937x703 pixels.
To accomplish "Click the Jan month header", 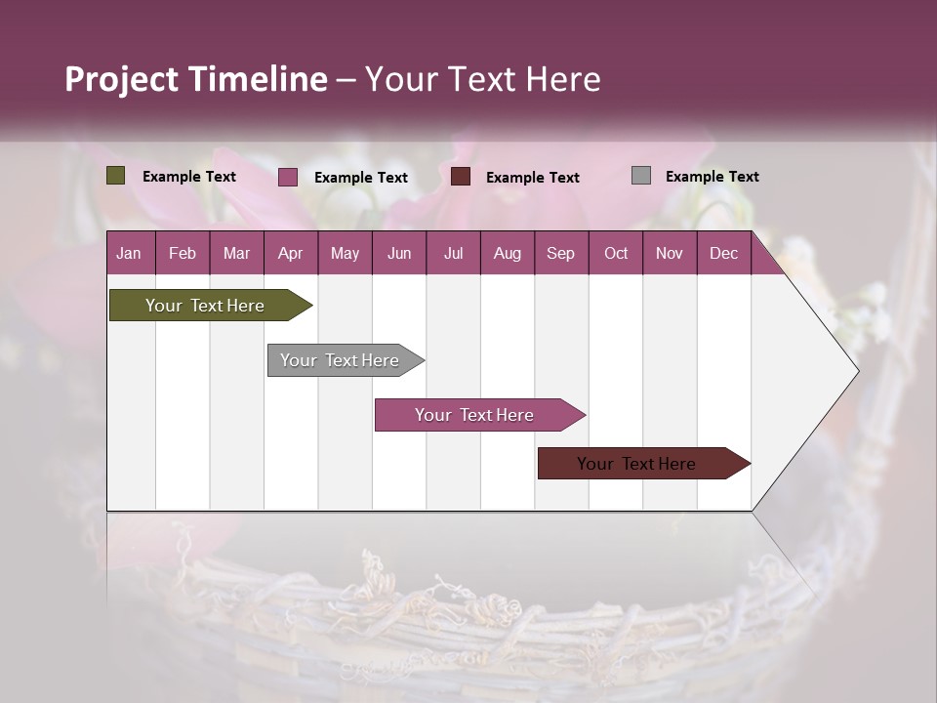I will click(129, 253).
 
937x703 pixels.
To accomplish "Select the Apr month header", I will click(291, 253).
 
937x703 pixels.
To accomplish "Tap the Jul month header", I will click(453, 253).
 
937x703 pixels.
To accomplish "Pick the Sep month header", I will click(560, 253).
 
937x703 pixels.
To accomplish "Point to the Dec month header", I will click(723, 253).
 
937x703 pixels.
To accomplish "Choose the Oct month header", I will click(616, 253).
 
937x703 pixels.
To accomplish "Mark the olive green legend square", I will click(116, 176).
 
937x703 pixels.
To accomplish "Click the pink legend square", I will click(288, 177).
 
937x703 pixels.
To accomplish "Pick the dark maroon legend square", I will click(461, 177).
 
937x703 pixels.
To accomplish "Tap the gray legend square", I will click(641, 176).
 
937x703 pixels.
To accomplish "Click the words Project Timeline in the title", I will click(195, 79).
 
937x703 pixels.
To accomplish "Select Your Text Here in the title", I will click(482, 79).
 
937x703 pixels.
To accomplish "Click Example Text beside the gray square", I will click(712, 176).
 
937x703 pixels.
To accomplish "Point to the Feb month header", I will click(183, 253).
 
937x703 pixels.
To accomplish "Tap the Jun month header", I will click(399, 253).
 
